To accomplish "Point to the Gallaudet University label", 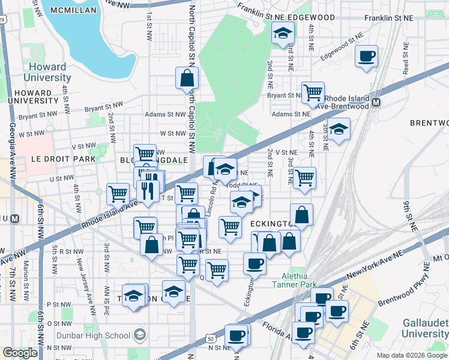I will tap(424, 328).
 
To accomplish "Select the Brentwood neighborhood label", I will tap(429, 122).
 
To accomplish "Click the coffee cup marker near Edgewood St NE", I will tap(366, 57).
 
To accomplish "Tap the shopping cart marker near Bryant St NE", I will tap(313, 92).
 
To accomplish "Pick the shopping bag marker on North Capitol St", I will tap(187, 77).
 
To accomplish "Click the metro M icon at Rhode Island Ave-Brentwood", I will tap(376, 103).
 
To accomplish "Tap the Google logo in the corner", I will tap(20, 353).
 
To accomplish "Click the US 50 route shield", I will tap(211, 340).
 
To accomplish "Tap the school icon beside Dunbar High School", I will tap(140, 335).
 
